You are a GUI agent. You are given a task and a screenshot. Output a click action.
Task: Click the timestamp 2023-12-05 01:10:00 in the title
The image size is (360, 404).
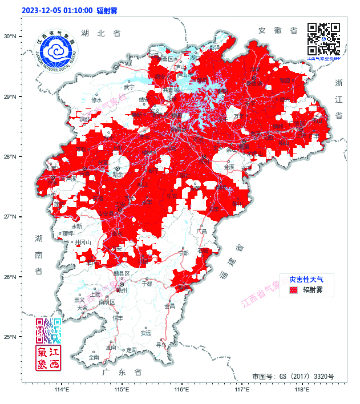57,10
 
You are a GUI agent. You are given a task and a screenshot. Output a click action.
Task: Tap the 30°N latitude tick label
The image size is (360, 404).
10,37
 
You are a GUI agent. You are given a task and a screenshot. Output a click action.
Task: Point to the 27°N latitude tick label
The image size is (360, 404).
10,217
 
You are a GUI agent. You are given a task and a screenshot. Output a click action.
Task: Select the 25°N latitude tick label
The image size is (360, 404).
10,337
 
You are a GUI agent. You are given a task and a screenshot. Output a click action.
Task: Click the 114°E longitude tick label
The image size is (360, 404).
62,390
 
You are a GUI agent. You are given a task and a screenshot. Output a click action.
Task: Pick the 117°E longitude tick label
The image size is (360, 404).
242,390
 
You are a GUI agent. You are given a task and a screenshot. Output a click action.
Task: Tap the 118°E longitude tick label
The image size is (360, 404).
302,390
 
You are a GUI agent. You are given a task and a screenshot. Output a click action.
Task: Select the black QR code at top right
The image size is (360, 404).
323,39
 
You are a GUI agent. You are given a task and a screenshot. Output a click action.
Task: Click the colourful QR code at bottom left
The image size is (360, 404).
48,330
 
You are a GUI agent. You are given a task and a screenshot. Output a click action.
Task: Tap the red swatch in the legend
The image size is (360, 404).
294,290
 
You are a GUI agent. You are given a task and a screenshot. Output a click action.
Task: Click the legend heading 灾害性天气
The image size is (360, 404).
306,280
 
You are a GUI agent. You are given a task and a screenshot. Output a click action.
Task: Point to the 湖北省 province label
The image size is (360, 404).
101,34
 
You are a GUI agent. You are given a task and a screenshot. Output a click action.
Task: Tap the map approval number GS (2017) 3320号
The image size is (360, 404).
293,377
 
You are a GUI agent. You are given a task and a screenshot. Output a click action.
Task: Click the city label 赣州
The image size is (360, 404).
122,290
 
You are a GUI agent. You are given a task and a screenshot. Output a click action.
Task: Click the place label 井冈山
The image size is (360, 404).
83,242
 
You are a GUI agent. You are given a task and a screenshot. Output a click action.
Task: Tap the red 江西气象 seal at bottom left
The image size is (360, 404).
48,358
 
